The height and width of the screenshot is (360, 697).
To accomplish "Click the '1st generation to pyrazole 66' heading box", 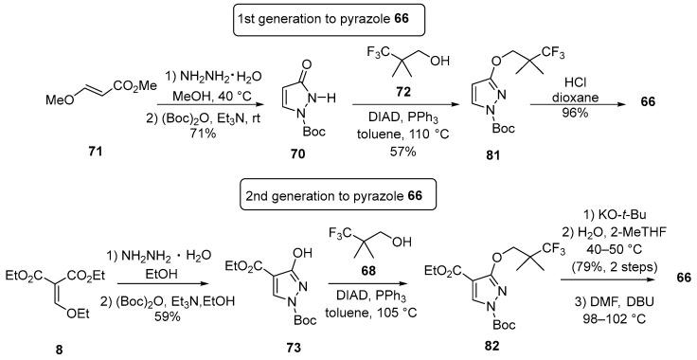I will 348,16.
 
